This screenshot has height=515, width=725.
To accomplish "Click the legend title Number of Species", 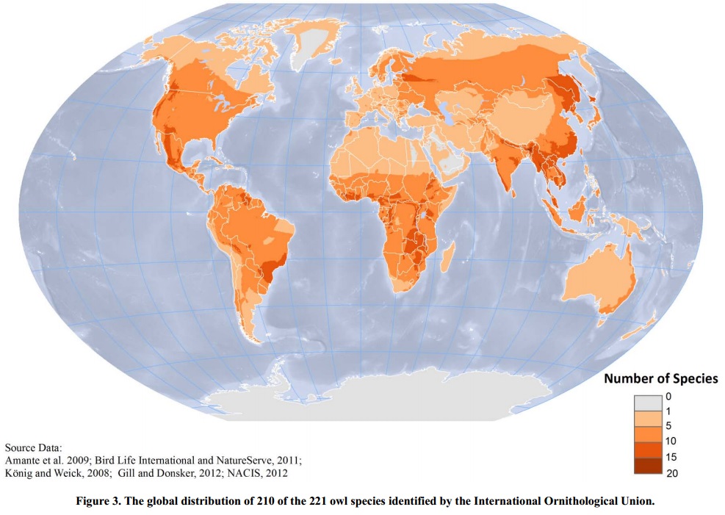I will click(x=660, y=379).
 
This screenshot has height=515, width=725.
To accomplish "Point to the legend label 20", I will click(x=671, y=473).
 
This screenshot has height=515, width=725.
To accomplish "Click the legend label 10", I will click(x=671, y=442).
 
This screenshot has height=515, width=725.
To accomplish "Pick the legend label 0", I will click(x=668, y=396).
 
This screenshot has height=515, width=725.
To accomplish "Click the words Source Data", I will click(x=32, y=447).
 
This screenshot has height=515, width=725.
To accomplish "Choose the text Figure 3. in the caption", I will click(x=98, y=501).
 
